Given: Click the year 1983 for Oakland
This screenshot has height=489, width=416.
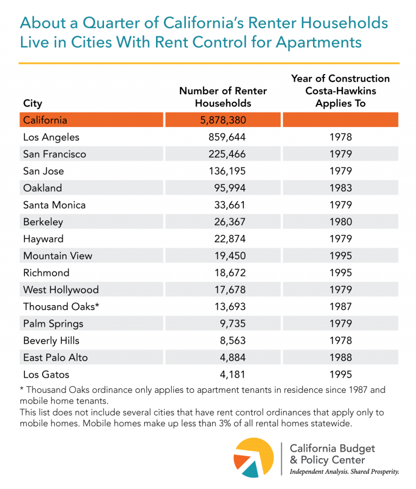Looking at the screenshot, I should (x=341, y=188).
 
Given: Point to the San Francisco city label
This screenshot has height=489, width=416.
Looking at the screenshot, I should (x=55, y=154).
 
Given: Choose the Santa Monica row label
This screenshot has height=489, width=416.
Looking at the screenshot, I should (x=54, y=205).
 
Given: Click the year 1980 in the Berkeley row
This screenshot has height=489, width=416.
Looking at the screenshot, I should (x=341, y=222).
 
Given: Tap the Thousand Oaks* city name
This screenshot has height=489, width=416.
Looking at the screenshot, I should (x=61, y=307).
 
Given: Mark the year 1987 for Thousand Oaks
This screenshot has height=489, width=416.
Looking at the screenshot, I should (x=341, y=307).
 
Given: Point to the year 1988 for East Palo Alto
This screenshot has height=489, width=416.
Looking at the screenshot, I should (x=341, y=358).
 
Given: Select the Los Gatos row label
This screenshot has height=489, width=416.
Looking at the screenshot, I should (x=46, y=374).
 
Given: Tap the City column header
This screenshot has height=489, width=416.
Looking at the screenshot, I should (x=32, y=103).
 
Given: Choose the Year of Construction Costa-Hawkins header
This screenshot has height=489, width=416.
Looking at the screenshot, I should (x=340, y=90).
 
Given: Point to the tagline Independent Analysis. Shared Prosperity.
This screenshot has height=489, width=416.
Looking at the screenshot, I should (x=344, y=472).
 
